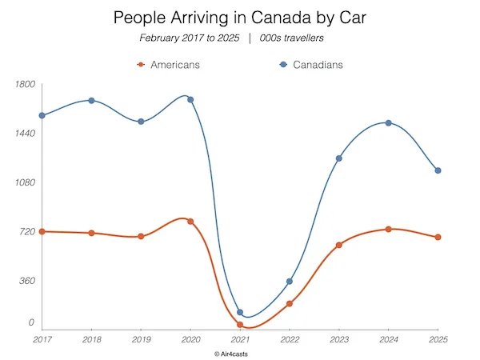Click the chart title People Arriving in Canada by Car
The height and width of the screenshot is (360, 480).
coord(240,18)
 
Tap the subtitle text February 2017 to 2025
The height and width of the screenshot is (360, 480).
coord(188,38)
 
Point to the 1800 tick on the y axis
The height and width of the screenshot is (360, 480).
coord(25,84)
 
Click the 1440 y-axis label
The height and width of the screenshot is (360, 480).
coord(25,133)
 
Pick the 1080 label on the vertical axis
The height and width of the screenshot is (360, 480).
coord(25,182)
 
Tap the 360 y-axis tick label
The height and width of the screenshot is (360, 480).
coord(26,281)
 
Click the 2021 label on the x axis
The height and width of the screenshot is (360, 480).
coord(240,339)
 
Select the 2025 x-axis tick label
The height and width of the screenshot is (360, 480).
coord(438,339)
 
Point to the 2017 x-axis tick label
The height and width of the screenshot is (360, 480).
coord(42,339)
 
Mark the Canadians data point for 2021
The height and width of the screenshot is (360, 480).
coord(240,313)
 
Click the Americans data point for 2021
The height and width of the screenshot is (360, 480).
coord(240,325)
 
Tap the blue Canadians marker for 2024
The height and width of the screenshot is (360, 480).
coord(388,123)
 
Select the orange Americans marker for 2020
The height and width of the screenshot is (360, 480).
coord(190,221)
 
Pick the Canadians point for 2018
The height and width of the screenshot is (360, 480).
coord(92,101)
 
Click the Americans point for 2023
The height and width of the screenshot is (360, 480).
coord(339,245)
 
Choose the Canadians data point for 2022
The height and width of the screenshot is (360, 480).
coord(290,282)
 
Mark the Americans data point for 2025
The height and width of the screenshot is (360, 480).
coord(438,238)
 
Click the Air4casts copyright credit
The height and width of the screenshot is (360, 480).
coord(239,353)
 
